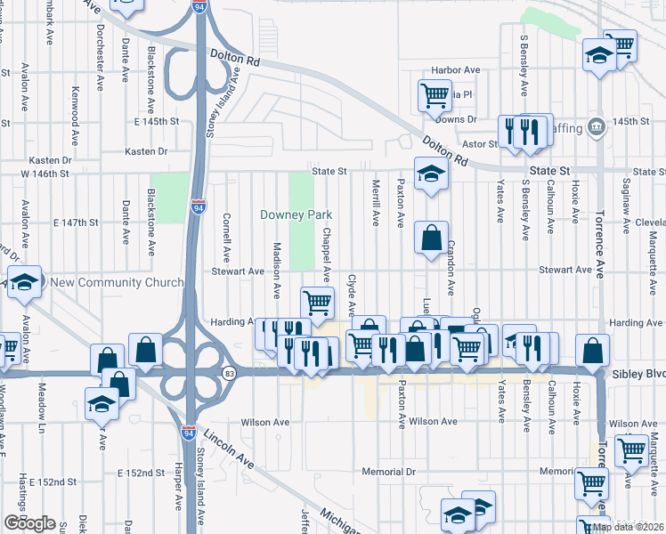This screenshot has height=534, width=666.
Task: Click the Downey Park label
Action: (296, 214)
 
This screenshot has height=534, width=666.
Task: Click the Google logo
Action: (28, 523)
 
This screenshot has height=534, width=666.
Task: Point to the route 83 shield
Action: (230, 373)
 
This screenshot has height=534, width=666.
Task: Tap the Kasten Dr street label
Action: (147, 151)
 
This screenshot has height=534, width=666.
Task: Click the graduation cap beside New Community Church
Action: (25, 281)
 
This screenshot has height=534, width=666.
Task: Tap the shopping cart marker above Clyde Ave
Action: (317, 302)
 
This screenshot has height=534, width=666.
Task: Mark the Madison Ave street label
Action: (277, 270)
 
